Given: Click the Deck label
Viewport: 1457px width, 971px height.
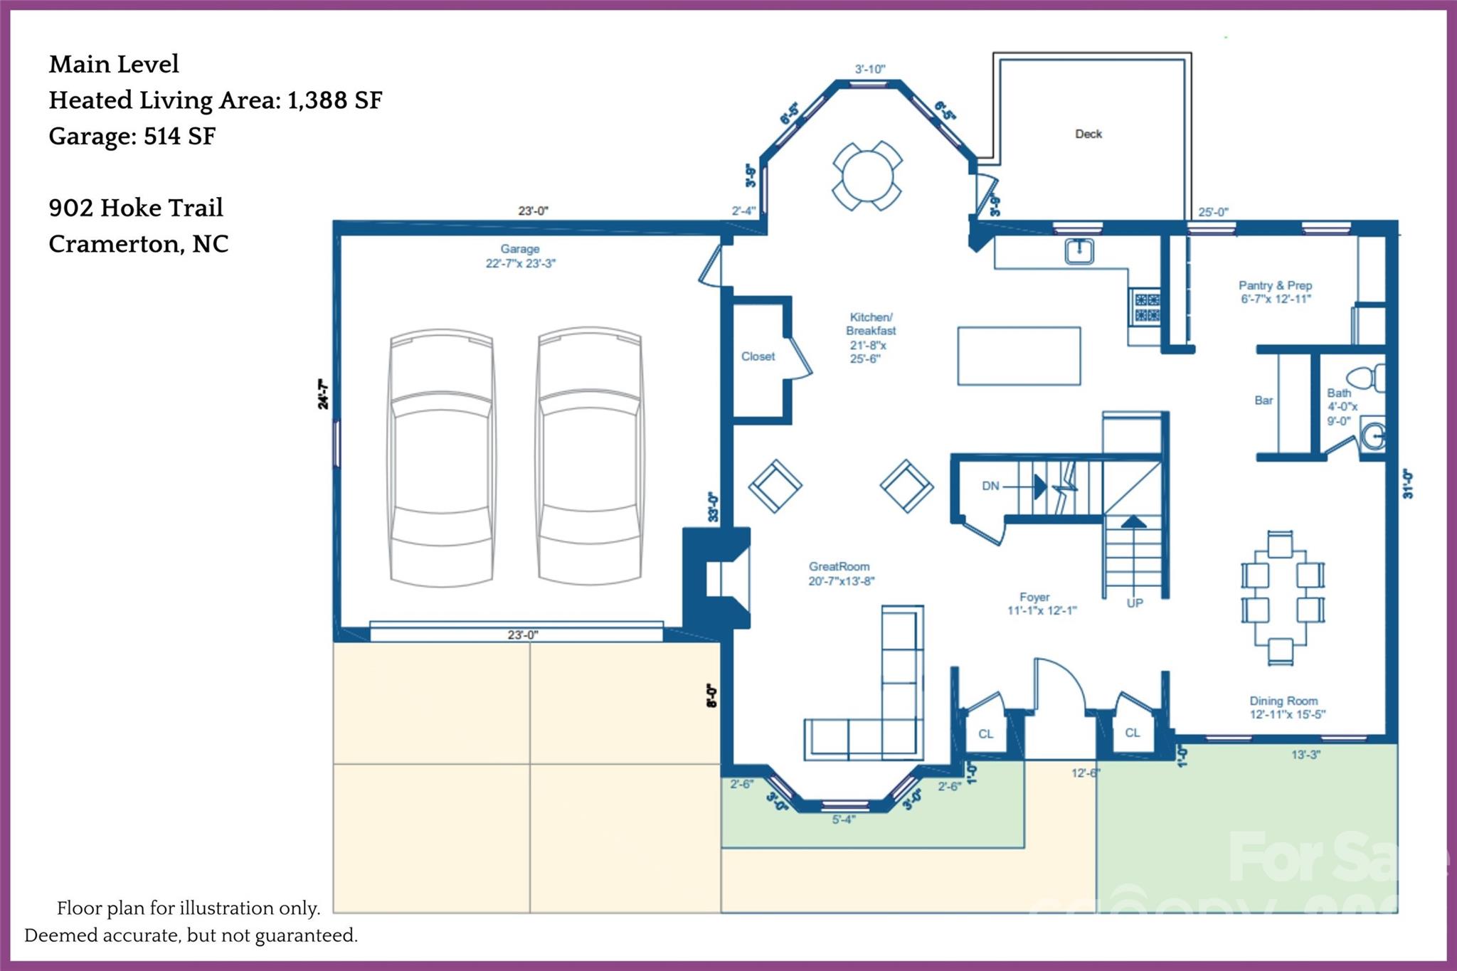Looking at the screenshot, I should (1088, 134).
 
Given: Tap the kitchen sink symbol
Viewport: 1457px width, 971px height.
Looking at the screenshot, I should (1079, 251).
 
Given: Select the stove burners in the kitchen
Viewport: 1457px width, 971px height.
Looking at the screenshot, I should (1145, 307).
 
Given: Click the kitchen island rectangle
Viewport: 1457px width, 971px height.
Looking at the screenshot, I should (1019, 356).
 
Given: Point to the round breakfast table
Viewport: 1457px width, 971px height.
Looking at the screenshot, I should (867, 176).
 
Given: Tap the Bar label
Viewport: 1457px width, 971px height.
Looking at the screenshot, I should (1263, 400).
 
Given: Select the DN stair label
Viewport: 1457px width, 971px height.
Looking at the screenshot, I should (990, 486).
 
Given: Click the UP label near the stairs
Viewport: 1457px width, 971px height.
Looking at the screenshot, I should (1135, 603).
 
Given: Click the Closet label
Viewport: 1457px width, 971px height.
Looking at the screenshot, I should (758, 356).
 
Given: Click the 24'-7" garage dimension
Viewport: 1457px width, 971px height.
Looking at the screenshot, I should (324, 394).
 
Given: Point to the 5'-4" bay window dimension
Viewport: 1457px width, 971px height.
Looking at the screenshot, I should (843, 819).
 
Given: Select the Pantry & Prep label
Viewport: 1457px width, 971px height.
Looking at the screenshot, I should (1275, 292).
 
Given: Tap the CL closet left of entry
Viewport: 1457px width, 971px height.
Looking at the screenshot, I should (985, 733).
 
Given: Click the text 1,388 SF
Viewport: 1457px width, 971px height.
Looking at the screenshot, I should (334, 100).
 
